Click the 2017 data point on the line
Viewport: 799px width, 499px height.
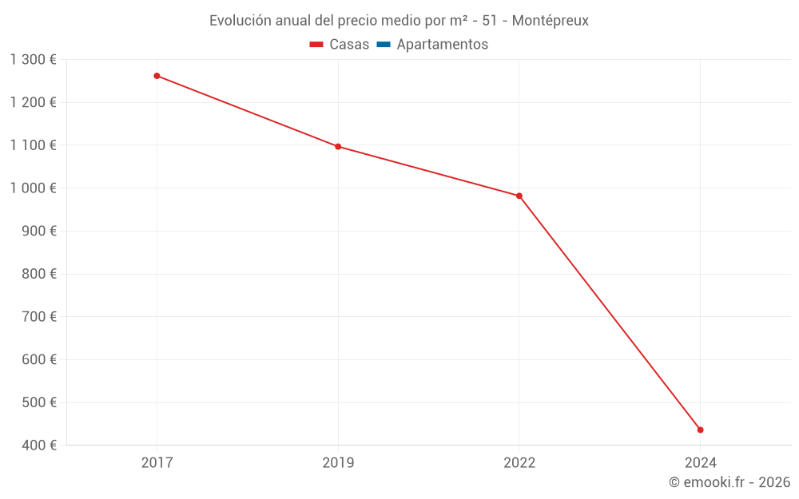[157, 76]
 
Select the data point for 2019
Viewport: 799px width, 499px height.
[338, 146]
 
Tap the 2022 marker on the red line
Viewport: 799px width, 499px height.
[519, 196]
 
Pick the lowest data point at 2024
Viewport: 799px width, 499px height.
[700, 430]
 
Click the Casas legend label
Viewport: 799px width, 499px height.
[349, 45]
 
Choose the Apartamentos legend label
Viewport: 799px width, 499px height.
[442, 45]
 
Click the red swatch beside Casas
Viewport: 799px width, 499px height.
[316, 45]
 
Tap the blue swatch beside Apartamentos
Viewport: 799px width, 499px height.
[383, 45]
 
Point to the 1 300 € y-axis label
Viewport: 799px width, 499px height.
[34, 60]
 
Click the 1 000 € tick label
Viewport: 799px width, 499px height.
[34, 188]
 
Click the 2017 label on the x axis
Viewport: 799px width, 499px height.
[157, 462]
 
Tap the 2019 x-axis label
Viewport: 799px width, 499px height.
[338, 462]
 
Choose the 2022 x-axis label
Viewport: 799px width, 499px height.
[519, 462]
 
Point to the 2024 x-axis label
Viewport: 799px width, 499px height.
[700, 462]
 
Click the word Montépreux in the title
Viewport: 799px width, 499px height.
[550, 21]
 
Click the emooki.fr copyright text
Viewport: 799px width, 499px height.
[729, 482]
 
